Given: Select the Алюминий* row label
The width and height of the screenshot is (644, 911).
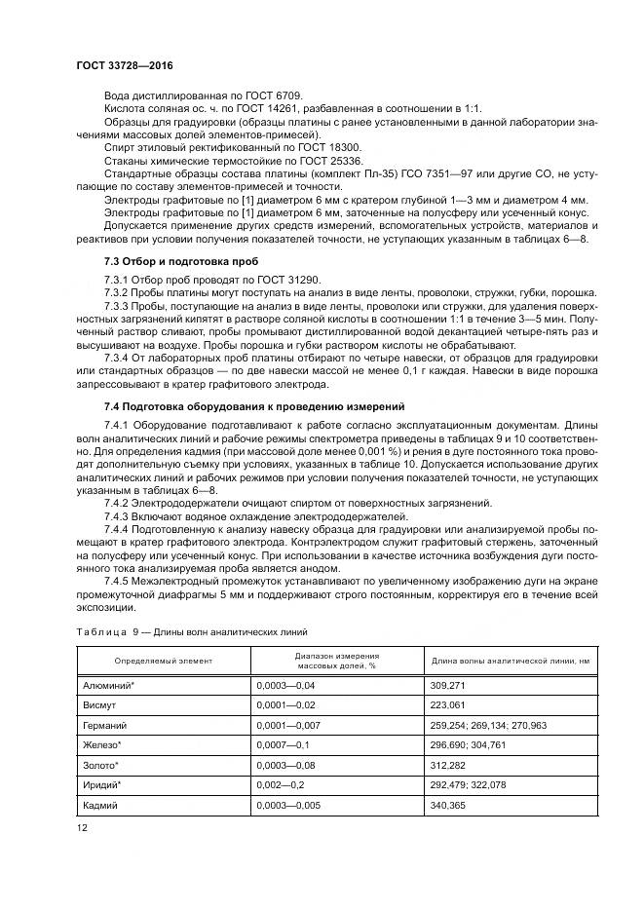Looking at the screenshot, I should pyautogui.click(x=109, y=687).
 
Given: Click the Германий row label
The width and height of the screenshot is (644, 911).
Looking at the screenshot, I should pyautogui.click(x=106, y=726).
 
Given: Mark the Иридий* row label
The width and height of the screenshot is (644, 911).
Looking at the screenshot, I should pyautogui.click(x=105, y=784).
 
